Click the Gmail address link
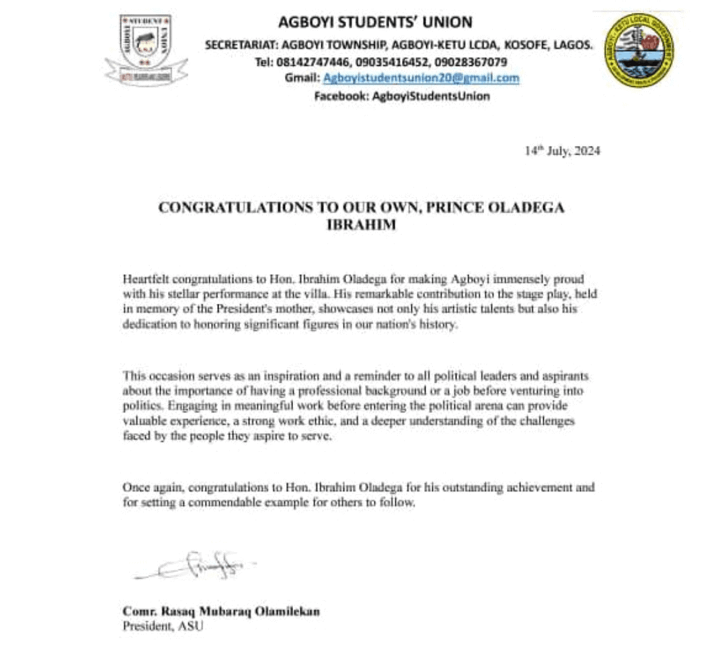click(421, 78)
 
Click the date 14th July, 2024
click(562, 151)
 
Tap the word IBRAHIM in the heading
click(360, 225)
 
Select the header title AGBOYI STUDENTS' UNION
click(375, 23)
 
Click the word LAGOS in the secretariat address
click(575, 45)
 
